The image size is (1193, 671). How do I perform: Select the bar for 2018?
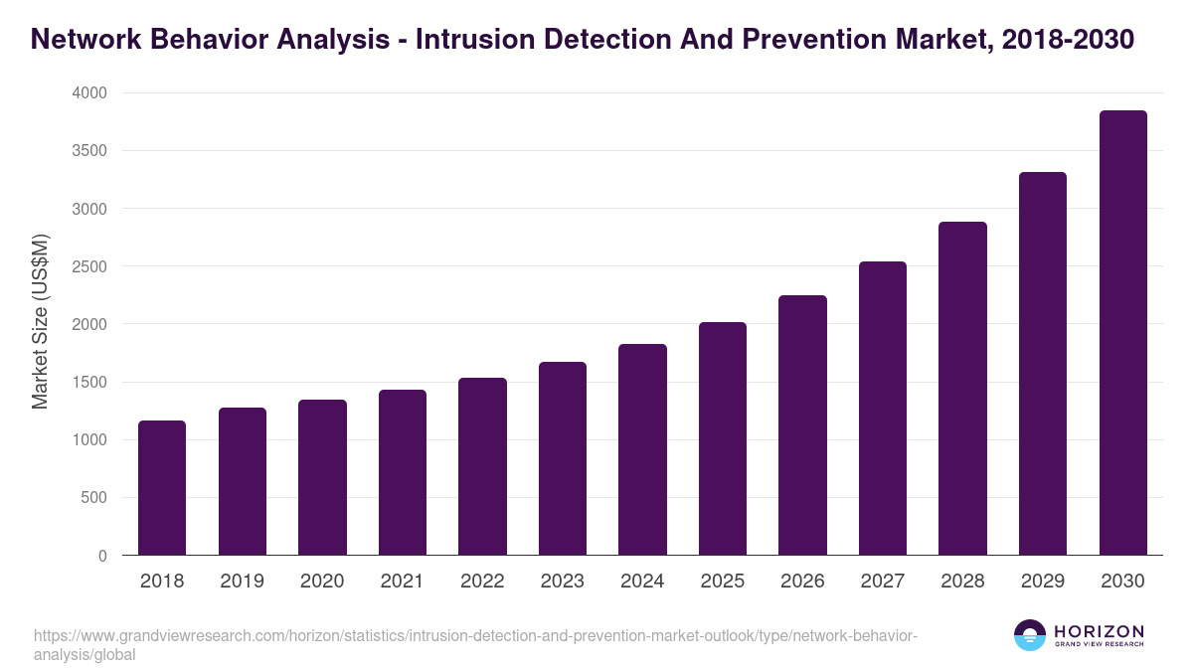click(162, 488)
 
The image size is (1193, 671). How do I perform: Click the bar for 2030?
click(1122, 333)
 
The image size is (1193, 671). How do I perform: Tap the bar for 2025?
click(723, 438)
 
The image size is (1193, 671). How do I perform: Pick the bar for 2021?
click(403, 472)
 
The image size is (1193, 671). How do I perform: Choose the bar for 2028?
click(962, 389)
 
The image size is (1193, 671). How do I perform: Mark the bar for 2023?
click(563, 458)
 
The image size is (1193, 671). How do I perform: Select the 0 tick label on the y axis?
click(102, 556)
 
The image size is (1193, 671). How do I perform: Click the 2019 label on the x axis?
click(242, 582)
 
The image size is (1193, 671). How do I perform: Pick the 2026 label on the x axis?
click(802, 582)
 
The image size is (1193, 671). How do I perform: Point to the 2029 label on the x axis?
click(1043, 582)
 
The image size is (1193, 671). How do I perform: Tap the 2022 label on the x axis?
click(482, 582)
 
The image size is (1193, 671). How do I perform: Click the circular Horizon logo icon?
click(1030, 635)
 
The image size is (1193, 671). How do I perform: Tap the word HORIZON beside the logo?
click(1099, 630)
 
